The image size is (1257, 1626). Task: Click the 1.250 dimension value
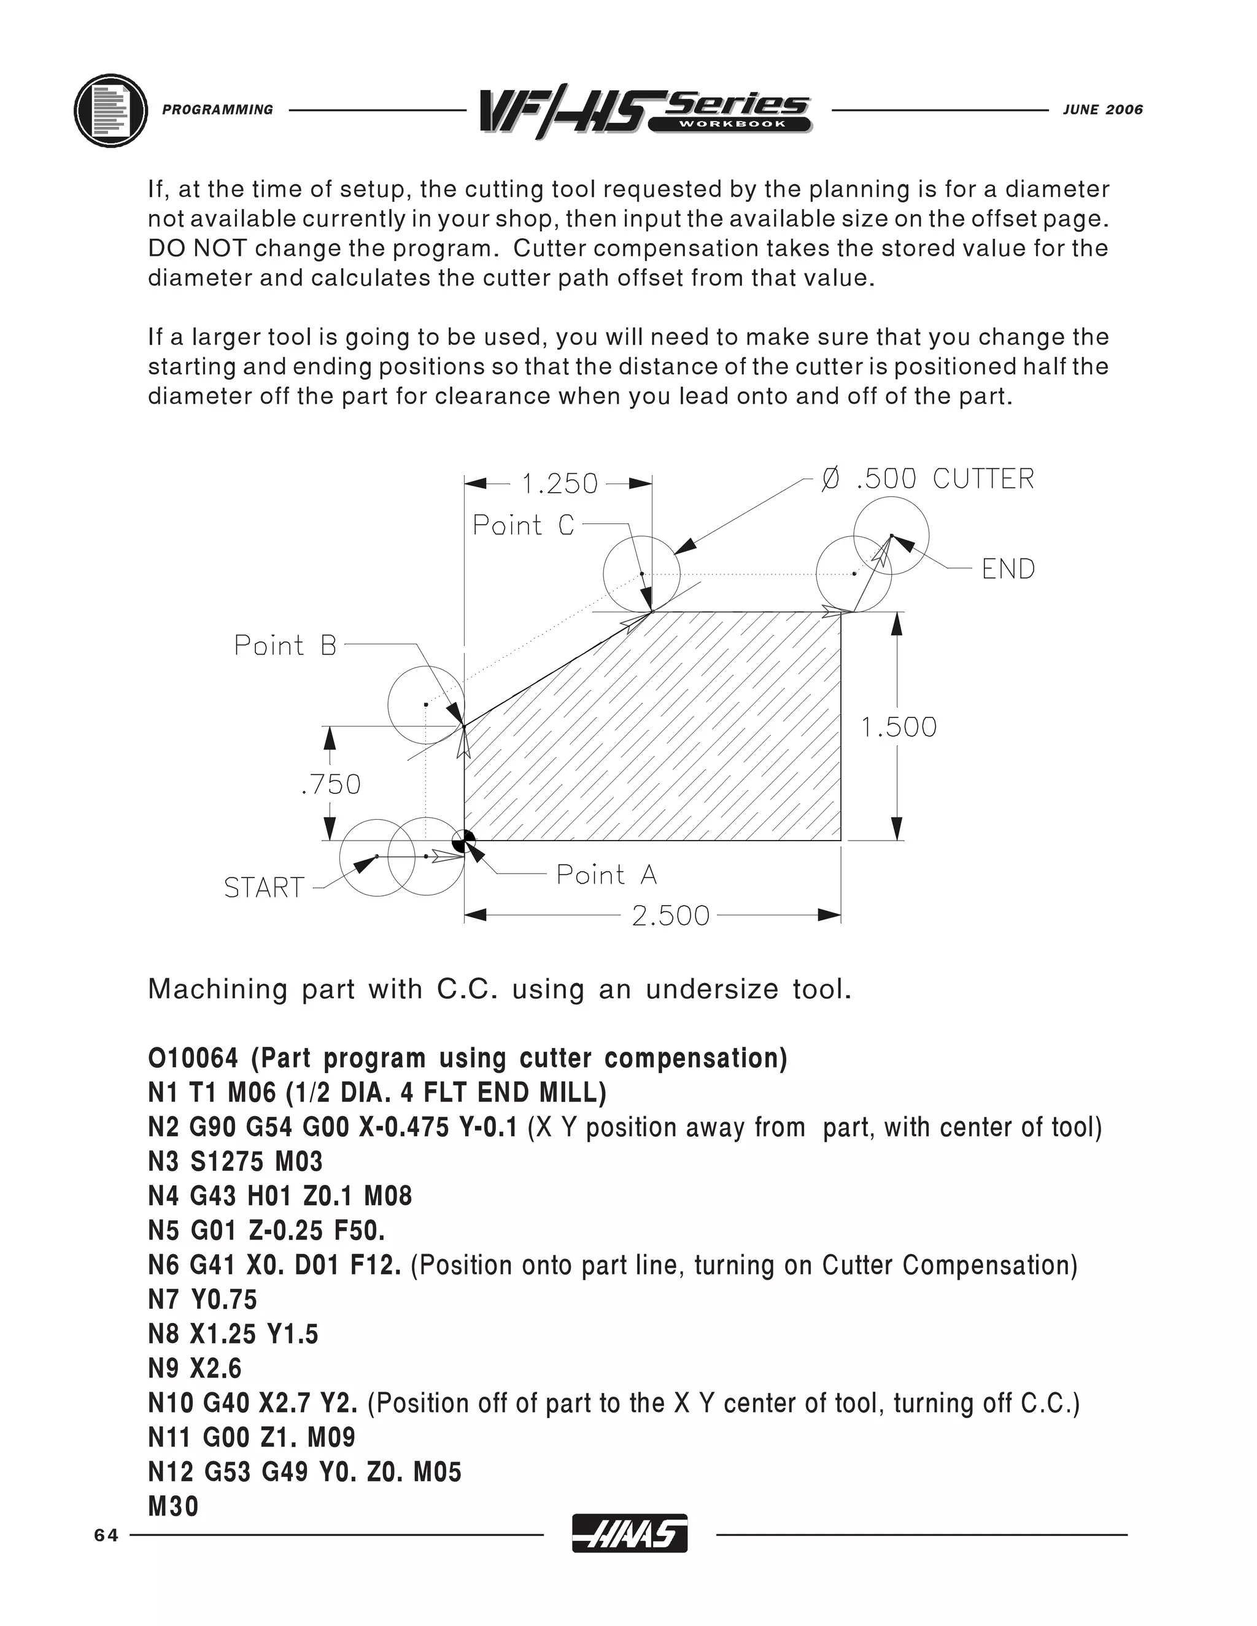[x=560, y=484]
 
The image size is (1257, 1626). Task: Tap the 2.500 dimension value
[x=670, y=915]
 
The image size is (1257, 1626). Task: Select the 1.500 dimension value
[x=899, y=726]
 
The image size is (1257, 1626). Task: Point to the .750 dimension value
[x=331, y=784]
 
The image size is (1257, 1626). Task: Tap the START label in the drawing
[x=265, y=887]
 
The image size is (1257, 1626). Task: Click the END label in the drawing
[x=1008, y=569]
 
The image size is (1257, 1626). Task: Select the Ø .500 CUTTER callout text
[x=927, y=479]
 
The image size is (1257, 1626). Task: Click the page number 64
[x=106, y=1535]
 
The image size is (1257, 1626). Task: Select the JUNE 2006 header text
[x=1102, y=109]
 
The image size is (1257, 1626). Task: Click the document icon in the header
[x=110, y=110]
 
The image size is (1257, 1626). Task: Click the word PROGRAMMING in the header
[x=217, y=109]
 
